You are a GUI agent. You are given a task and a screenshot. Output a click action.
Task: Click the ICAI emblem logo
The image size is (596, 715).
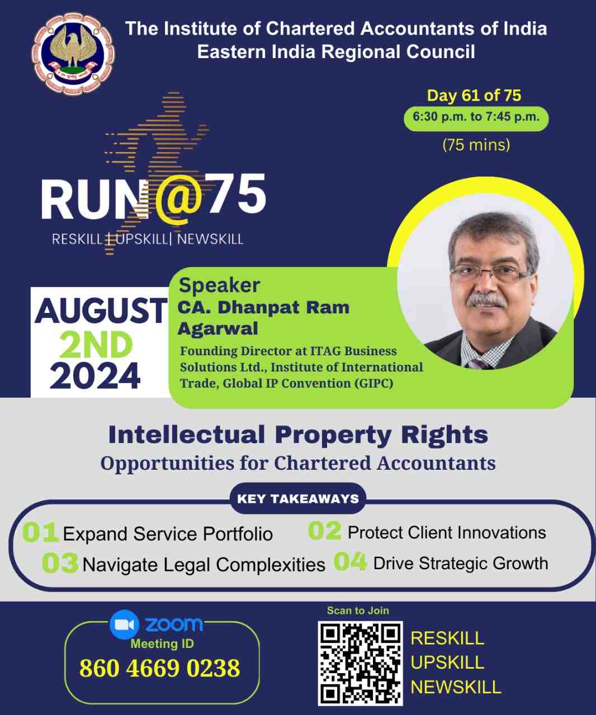pos(73,54)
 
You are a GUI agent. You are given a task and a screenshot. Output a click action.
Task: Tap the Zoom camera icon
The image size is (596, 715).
pos(124,625)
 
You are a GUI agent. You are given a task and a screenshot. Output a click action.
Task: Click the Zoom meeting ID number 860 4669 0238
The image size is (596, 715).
pos(160,668)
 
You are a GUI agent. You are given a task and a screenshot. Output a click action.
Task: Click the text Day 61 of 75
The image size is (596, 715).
pos(474,96)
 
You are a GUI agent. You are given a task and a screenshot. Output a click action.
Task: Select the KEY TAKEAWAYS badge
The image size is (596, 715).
pos(298,499)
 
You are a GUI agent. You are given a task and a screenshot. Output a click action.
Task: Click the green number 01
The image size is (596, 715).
pos(40,532)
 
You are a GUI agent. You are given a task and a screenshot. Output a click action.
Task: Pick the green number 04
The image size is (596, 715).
pos(350,561)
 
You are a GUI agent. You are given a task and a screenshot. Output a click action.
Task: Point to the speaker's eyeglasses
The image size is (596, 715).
pos(491,273)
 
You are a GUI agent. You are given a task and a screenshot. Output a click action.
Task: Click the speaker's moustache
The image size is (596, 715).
pos(488,301)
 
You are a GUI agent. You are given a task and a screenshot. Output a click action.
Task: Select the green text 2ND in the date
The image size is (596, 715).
pos(96,345)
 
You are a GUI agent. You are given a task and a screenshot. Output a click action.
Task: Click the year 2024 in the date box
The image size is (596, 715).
pos(95,376)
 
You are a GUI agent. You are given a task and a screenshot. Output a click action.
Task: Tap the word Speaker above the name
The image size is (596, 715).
pos(219,285)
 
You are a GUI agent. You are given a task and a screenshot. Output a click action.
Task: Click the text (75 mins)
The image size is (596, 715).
pos(476,145)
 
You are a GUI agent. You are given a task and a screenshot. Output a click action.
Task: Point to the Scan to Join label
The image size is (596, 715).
pos(358,610)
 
